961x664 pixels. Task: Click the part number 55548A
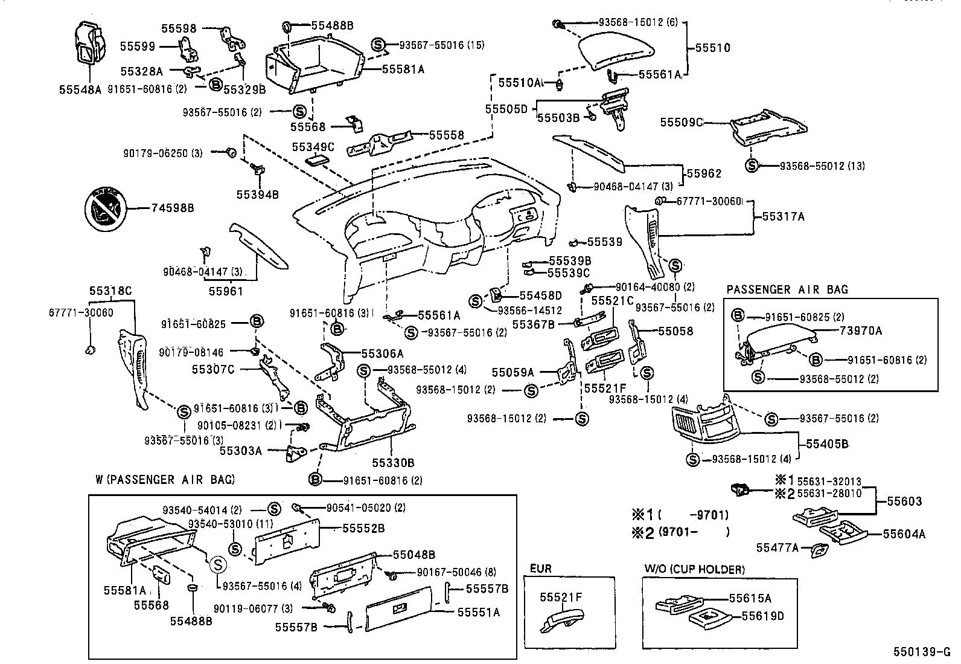[x=80, y=89]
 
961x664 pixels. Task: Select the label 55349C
[x=313, y=147]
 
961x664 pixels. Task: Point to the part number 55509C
[x=682, y=122]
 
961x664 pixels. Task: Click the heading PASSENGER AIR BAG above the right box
[x=787, y=289]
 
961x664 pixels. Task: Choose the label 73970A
[x=860, y=330]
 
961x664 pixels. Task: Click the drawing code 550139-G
[x=922, y=652]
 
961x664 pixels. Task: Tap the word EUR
[x=540, y=569]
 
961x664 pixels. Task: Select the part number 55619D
[x=762, y=616]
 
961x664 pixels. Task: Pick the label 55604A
[x=904, y=533]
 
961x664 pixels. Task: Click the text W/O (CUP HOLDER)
[x=694, y=569]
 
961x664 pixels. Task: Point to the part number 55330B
[x=392, y=463]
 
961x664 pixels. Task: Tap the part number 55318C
[x=110, y=291]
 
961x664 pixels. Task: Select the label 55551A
[x=478, y=612]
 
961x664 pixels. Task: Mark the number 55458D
[x=540, y=295]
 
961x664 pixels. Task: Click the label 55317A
[x=783, y=216]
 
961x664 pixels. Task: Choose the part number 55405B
[x=827, y=444]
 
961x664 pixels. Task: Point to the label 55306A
[x=382, y=353]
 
